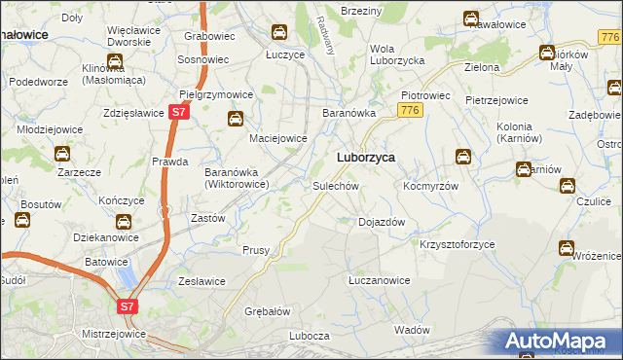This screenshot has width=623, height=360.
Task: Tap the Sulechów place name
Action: pos(337,185)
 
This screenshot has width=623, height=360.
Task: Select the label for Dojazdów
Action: pos(382,222)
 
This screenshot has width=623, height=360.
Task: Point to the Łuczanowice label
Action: pos(380,280)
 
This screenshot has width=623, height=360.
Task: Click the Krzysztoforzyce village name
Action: pos(458,244)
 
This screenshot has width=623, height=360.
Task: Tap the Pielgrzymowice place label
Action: pos(217,95)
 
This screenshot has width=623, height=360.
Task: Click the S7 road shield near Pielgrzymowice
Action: pos(176,113)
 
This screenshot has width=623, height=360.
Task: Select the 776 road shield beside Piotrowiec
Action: pos(409,111)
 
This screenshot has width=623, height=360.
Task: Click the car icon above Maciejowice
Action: pos(235,120)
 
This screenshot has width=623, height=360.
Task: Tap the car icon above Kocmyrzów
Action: pos(463,156)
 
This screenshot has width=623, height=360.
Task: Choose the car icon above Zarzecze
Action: pos(61,154)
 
